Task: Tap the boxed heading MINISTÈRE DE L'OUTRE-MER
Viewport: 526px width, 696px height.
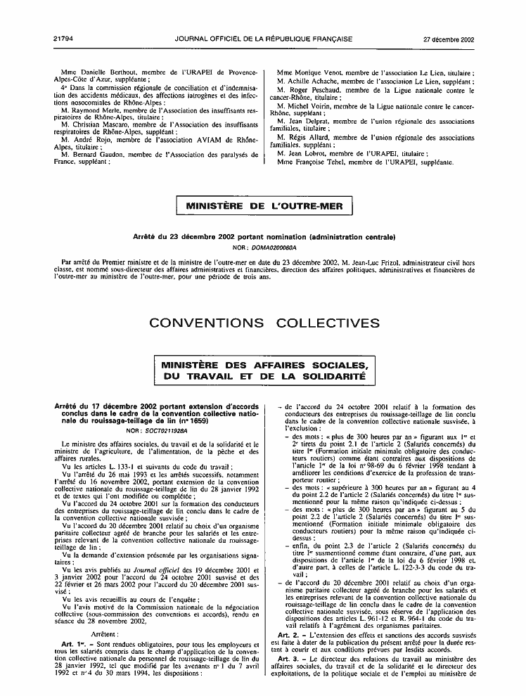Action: (x=262, y=206)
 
